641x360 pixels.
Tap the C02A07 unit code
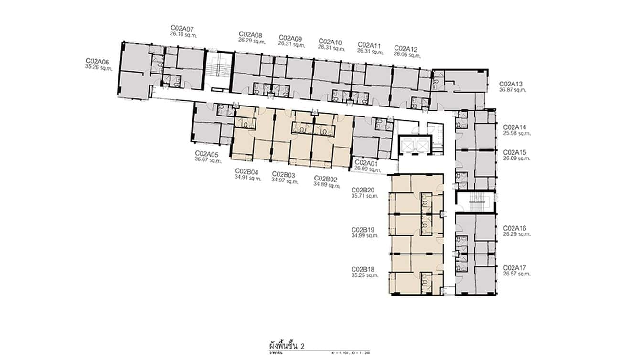[182, 28]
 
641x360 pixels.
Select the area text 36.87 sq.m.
[513, 89]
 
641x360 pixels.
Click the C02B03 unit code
[284, 174]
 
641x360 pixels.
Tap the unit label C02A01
[366, 163]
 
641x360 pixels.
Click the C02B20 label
[363, 190]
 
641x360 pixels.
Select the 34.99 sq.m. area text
[364, 235]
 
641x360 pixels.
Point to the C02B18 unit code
[363, 269]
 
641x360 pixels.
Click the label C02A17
[514, 268]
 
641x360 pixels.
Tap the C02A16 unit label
[514, 228]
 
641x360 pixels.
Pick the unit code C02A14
[514, 127]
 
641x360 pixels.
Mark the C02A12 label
[406, 49]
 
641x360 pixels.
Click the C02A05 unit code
[207, 154]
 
